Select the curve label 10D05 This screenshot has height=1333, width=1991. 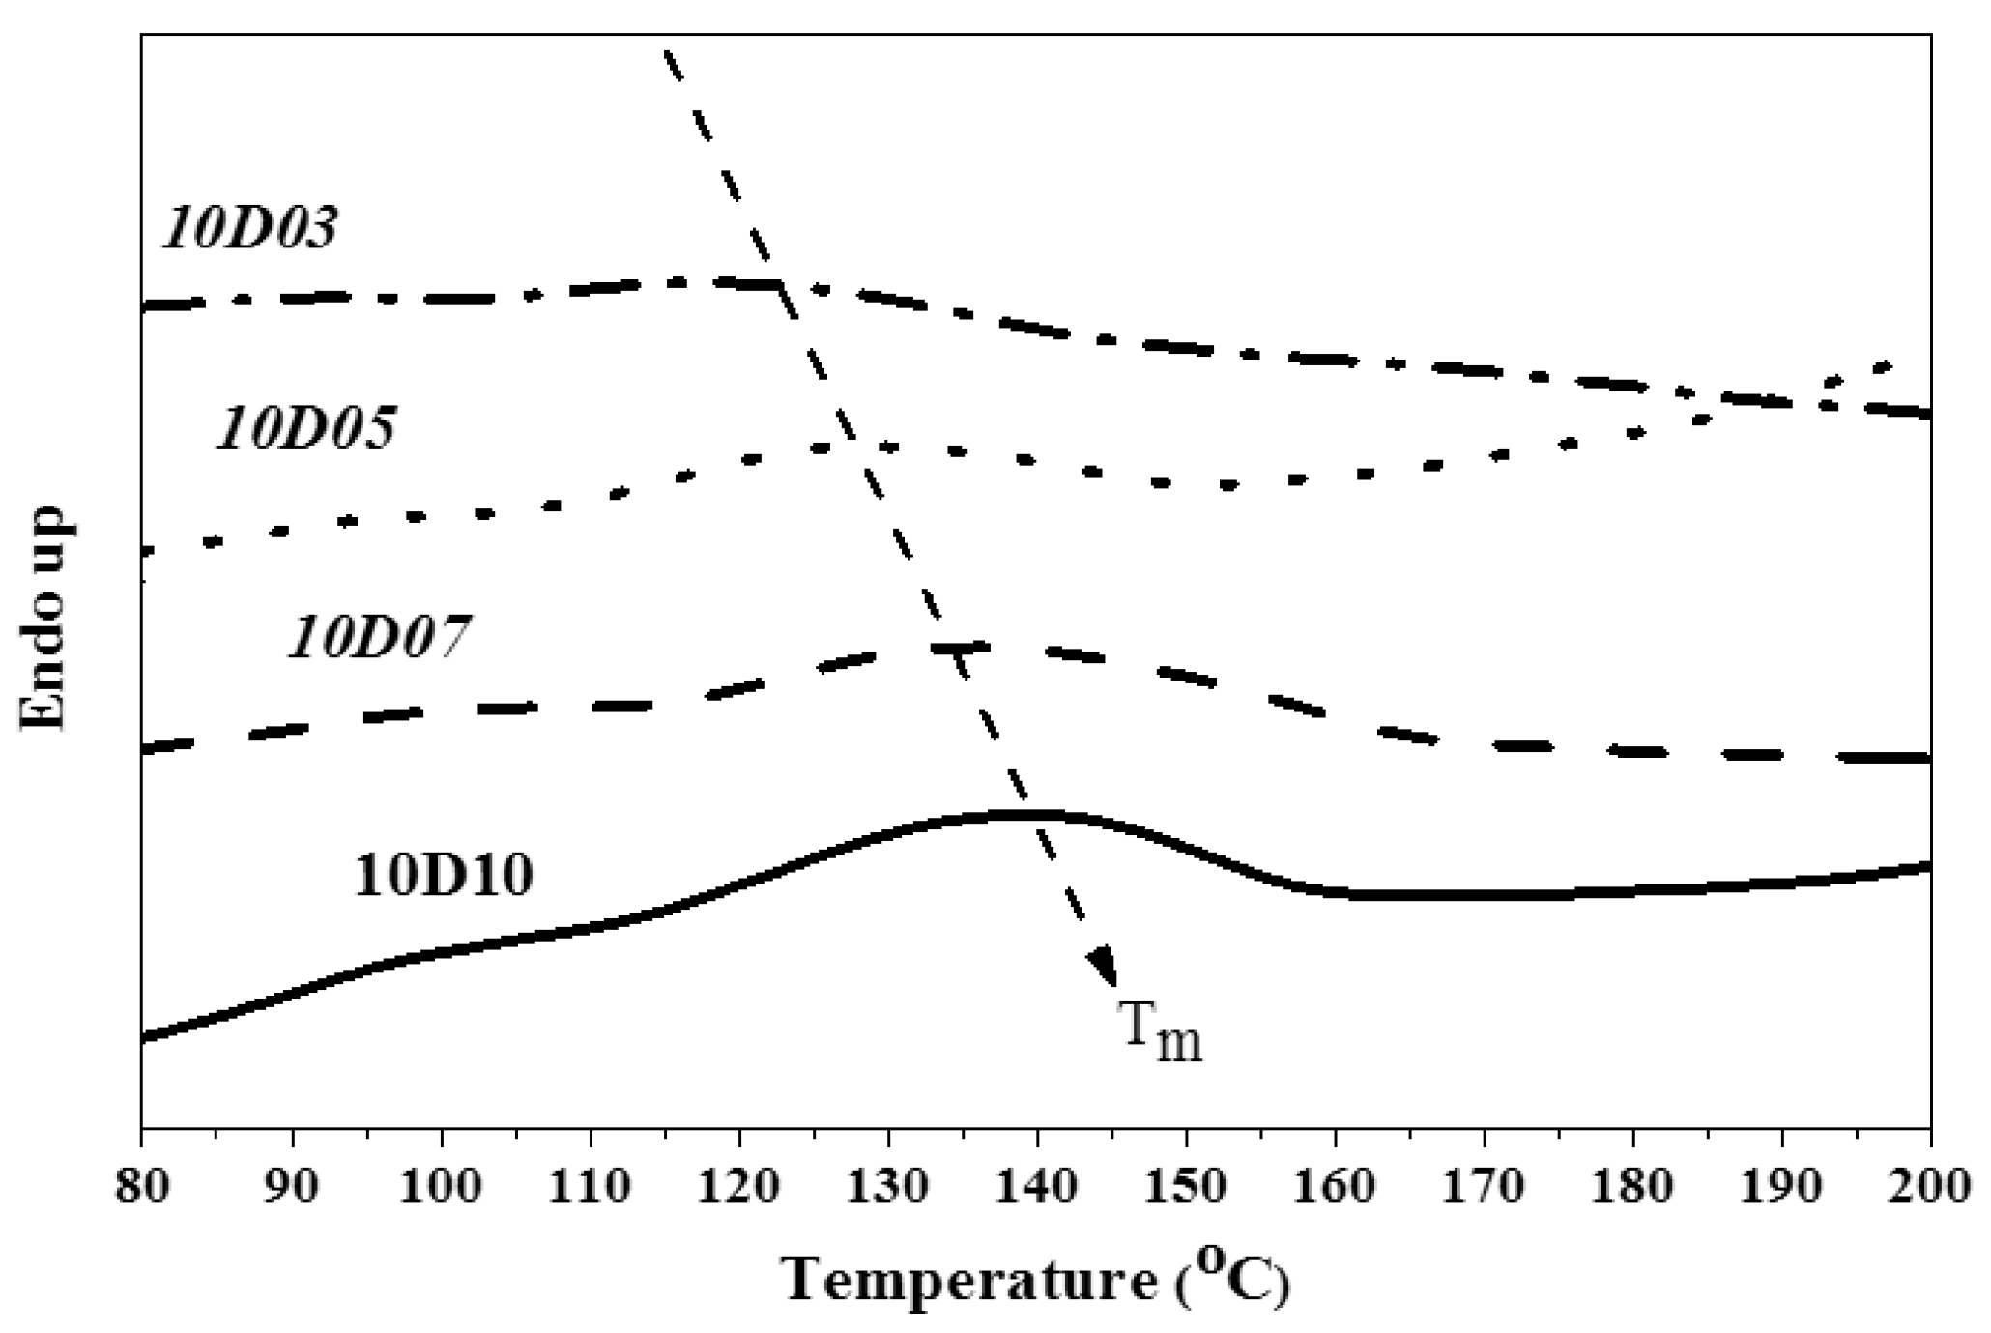tap(305, 428)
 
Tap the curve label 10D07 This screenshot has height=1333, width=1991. tap(379, 638)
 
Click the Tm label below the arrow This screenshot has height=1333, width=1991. tap(1161, 1033)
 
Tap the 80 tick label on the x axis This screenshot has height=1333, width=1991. tap(141, 1186)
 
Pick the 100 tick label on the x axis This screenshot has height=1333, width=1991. tap(440, 1186)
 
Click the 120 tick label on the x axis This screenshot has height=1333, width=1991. tap(738, 1186)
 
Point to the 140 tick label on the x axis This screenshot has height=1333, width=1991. tap(1037, 1186)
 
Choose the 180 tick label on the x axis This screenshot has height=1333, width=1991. tap(1633, 1186)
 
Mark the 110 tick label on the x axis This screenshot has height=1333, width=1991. tap(589, 1186)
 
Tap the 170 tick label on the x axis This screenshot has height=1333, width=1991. tap(1485, 1186)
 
